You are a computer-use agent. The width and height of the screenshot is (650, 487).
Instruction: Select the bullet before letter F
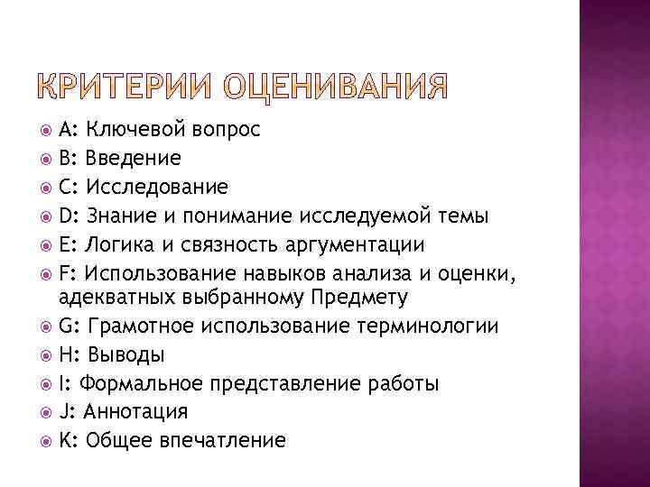click(47, 273)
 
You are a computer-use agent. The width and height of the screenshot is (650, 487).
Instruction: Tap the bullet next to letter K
click(47, 441)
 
